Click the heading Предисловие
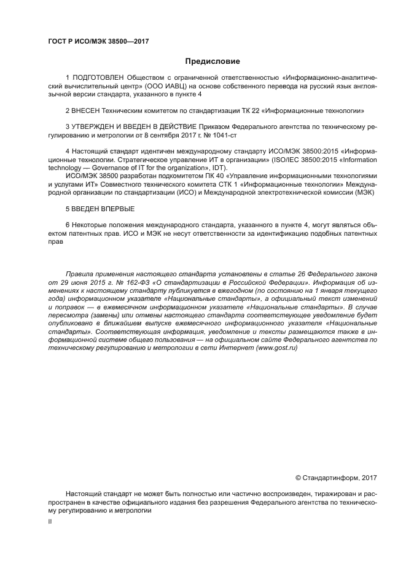213,61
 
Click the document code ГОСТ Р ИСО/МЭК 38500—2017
99,42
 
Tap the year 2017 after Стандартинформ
369,478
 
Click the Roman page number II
50,521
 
